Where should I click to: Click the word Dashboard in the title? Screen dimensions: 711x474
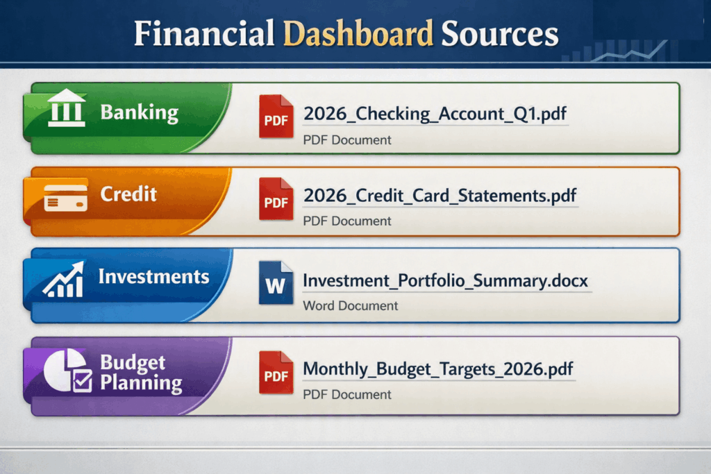pos(358,33)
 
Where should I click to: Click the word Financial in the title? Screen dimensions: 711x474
pos(204,33)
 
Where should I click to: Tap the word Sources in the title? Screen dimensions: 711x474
pos(500,33)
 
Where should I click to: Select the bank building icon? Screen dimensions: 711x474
pos(66,108)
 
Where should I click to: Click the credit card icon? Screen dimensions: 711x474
pos(66,198)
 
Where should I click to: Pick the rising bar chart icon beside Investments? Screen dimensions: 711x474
pos(64,280)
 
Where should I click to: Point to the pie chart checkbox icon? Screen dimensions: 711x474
pos(68,370)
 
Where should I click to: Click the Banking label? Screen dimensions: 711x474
pos(139,112)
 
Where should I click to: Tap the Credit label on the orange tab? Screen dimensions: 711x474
pos(128,194)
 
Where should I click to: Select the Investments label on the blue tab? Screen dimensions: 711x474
pos(153,276)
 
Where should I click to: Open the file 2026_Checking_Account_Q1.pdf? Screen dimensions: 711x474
pos(435,114)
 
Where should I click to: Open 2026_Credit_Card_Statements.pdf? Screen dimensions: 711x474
pos(440,196)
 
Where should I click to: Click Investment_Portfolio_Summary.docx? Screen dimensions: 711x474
pos(445,281)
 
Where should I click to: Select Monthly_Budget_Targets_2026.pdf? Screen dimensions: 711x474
pos(437,369)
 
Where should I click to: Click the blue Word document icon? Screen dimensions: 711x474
pos(276,282)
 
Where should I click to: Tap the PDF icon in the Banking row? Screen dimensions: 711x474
pos(276,117)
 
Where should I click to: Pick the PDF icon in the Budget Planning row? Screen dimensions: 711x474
pos(276,373)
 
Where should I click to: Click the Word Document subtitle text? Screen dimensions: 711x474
pos(350,306)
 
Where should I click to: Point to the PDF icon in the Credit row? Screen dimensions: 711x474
pos(276,199)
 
